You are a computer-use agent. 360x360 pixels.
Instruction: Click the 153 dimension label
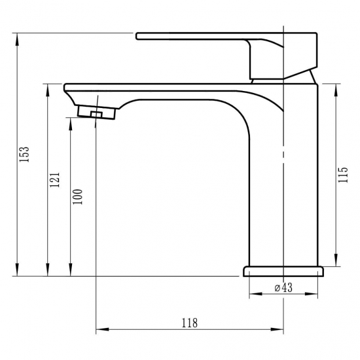tap(24, 154)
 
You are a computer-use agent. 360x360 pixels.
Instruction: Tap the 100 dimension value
tap(78, 196)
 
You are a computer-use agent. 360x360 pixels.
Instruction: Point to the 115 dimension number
tap(344, 175)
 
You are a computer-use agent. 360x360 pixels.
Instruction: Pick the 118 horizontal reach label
tap(189, 322)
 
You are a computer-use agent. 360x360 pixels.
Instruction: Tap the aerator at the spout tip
tap(97, 113)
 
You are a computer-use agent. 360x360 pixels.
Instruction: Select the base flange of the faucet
tap(284, 270)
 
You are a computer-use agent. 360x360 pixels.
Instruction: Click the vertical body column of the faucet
tap(283, 183)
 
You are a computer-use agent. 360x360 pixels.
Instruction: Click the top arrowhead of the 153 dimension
tap(16, 37)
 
